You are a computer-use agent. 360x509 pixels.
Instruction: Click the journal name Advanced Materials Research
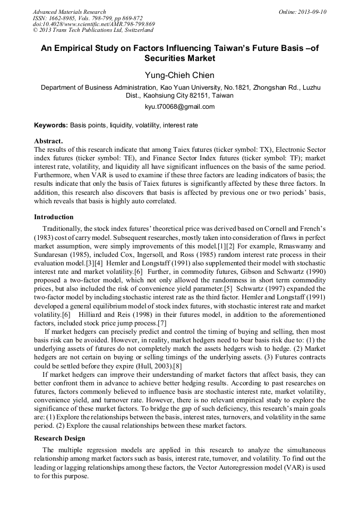(x=69, y=12)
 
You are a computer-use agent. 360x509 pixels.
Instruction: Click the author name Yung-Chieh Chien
(x=179, y=75)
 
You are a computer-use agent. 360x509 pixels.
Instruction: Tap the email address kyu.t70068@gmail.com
(x=179, y=107)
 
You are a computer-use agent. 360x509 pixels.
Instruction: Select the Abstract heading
(x=48, y=141)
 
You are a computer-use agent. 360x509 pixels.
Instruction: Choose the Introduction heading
(x=54, y=217)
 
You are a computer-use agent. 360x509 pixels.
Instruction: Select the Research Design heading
(x=59, y=438)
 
